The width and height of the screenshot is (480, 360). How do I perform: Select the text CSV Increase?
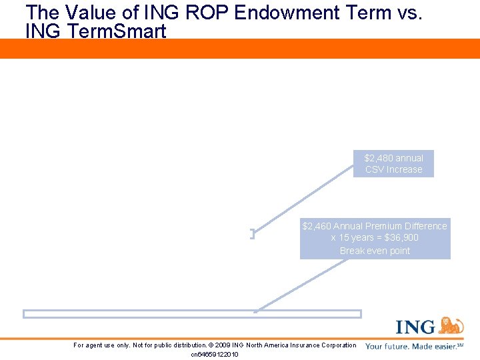[x=393, y=169]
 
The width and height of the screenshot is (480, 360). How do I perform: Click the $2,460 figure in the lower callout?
[x=317, y=226]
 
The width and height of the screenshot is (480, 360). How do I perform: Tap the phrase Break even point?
[x=375, y=251]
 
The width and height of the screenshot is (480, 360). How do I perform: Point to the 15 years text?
[x=356, y=238]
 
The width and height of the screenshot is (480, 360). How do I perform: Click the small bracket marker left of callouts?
[x=253, y=233]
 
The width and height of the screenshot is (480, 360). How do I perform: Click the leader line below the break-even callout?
[x=300, y=285]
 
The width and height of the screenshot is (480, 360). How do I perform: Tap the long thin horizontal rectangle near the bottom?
[x=192, y=313]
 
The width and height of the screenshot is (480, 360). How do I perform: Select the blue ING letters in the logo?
[x=416, y=327]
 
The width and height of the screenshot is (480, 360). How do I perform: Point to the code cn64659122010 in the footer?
[x=215, y=354]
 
